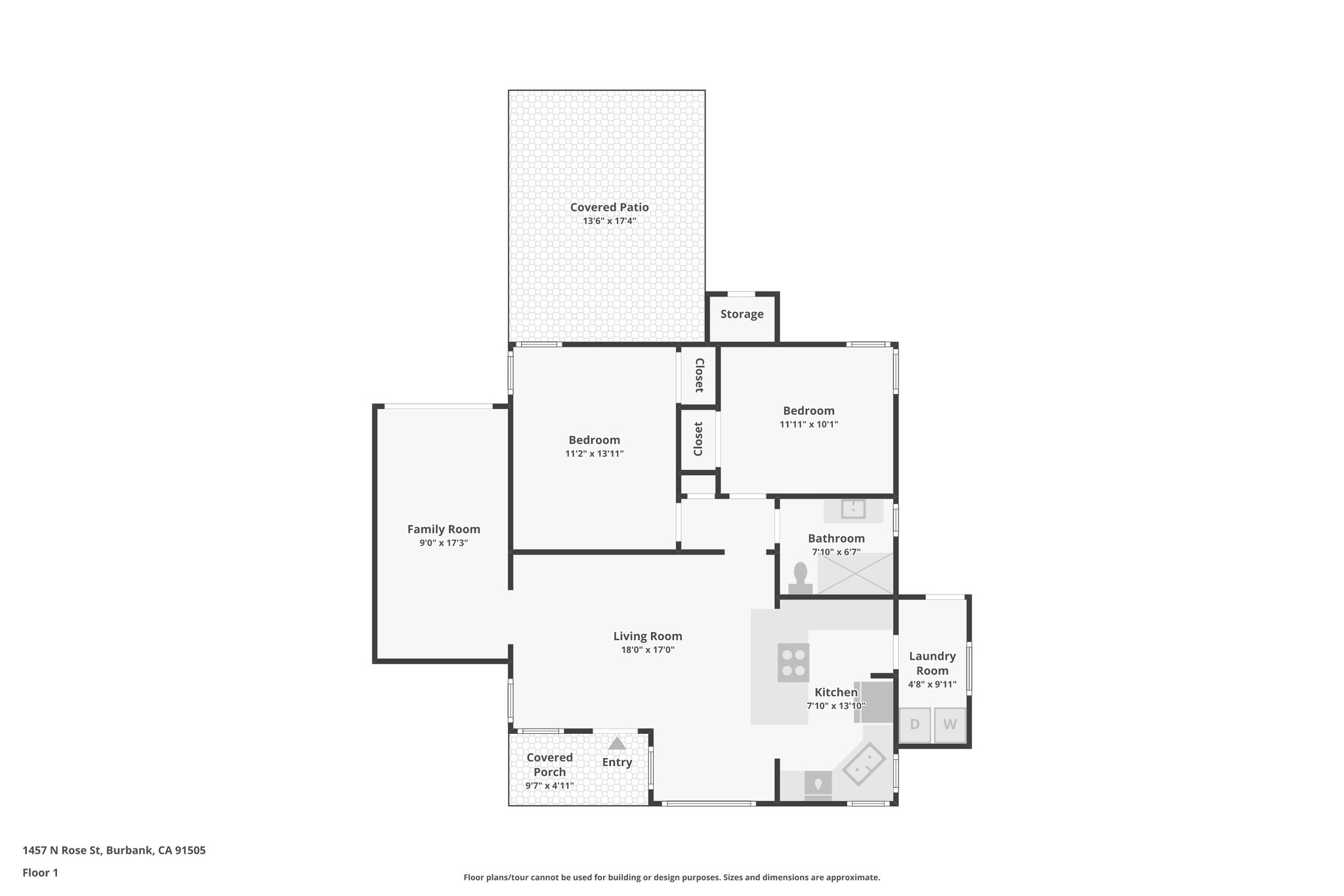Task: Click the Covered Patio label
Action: click(x=609, y=207)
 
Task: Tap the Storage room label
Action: click(x=742, y=314)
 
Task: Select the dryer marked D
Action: click(x=914, y=725)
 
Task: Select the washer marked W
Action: click(x=950, y=725)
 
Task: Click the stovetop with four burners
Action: click(x=793, y=662)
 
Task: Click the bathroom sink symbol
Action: click(x=853, y=509)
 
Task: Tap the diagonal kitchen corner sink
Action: click(x=864, y=764)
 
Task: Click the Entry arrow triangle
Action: click(x=616, y=743)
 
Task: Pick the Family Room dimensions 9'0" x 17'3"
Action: click(x=444, y=543)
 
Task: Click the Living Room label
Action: click(x=648, y=636)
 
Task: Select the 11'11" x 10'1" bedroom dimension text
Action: click(x=808, y=425)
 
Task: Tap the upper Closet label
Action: click(x=699, y=375)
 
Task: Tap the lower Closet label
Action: click(x=698, y=439)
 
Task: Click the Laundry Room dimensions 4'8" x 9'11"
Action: click(x=932, y=684)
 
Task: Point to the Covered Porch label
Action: click(x=549, y=765)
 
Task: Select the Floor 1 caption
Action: click(x=40, y=872)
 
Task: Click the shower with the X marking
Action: click(x=855, y=574)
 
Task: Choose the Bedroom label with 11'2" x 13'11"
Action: click(x=594, y=440)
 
